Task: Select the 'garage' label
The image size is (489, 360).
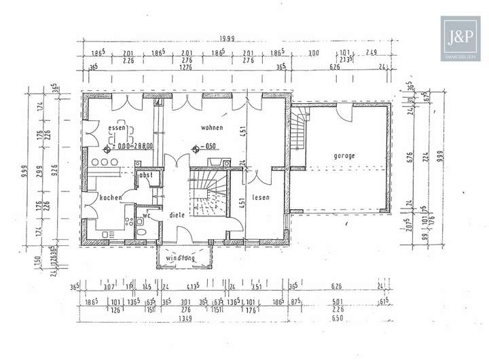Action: click(x=344, y=156)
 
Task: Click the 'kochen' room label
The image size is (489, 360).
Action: click(x=110, y=197)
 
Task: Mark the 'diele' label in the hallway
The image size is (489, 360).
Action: click(x=177, y=215)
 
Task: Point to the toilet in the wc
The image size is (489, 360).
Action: click(x=141, y=231)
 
